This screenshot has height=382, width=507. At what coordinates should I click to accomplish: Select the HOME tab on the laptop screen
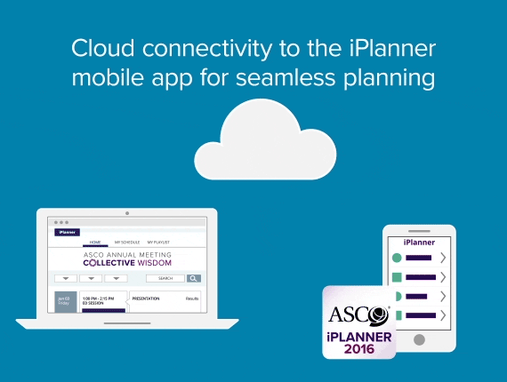coord(94,242)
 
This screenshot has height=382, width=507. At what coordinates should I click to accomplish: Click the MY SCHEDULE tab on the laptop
coord(126,242)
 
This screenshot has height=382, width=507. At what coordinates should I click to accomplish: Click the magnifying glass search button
coord(193,278)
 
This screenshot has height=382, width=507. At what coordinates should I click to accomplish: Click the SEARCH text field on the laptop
coord(165,278)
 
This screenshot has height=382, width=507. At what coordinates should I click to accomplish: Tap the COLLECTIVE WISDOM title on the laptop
coord(127,263)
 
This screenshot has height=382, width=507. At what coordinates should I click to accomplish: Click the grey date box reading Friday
coord(64,302)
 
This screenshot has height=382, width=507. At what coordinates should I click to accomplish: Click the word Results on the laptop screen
coord(191,299)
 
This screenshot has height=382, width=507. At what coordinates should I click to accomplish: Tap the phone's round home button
coord(418,339)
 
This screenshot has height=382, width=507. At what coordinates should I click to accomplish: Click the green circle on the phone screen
coord(397,258)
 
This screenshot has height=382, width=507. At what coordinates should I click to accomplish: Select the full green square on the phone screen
coord(398,277)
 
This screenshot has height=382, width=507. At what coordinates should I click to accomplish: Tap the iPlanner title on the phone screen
coord(418,242)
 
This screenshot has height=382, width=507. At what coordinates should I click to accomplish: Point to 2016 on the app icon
coord(358,348)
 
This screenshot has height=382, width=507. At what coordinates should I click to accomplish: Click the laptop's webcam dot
coord(127,213)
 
